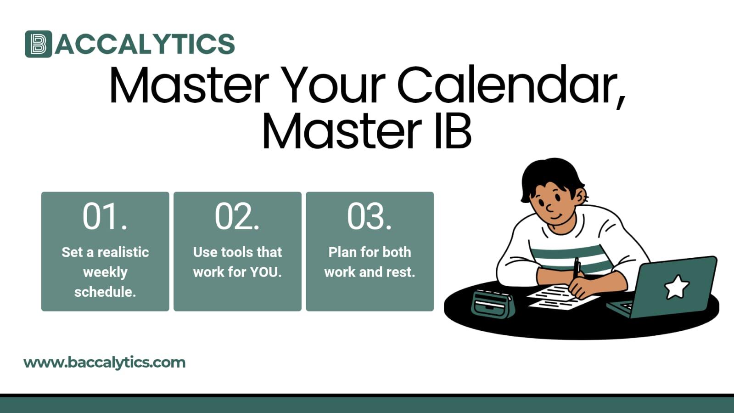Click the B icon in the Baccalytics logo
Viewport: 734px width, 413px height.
(x=39, y=44)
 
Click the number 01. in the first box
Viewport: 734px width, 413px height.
(x=105, y=216)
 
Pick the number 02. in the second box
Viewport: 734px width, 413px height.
(x=237, y=216)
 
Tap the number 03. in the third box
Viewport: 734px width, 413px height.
(x=369, y=216)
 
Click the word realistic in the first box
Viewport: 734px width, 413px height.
(x=123, y=252)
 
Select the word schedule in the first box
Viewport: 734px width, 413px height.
(x=104, y=292)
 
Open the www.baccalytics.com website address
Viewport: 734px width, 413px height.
(x=104, y=362)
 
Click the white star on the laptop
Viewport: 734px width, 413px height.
(x=677, y=287)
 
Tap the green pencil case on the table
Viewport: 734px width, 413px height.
(x=493, y=304)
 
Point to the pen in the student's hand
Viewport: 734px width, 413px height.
(x=576, y=269)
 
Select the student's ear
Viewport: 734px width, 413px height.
(x=581, y=196)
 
